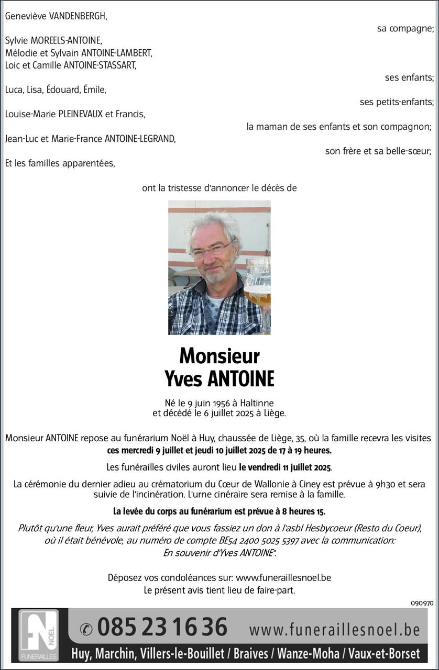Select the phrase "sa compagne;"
(405, 29)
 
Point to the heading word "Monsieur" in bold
(220, 356)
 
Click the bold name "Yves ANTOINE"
(220, 379)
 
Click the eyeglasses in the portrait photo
(212, 250)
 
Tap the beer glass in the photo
(258, 288)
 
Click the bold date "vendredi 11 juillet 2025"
(286, 467)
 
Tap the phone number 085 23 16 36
(162, 627)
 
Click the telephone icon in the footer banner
(86, 628)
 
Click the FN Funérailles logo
(39, 634)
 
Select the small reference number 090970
(422, 603)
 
